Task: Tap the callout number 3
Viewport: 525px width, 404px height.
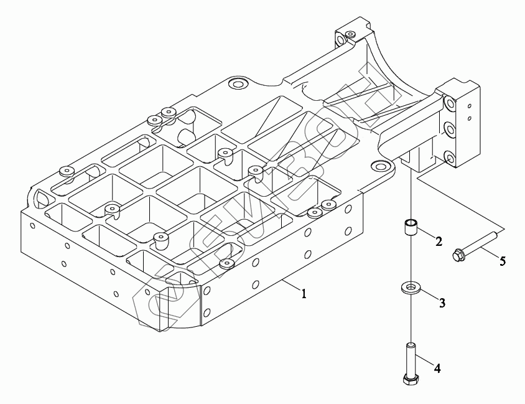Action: (x=442, y=303)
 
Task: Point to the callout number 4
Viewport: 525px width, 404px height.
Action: (x=437, y=369)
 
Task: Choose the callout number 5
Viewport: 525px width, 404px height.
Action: (x=503, y=261)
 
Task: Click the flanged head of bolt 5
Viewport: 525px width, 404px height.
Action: (x=460, y=255)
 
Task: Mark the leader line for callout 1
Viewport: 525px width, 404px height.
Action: (x=290, y=287)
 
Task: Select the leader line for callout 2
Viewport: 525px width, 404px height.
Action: (x=426, y=235)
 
